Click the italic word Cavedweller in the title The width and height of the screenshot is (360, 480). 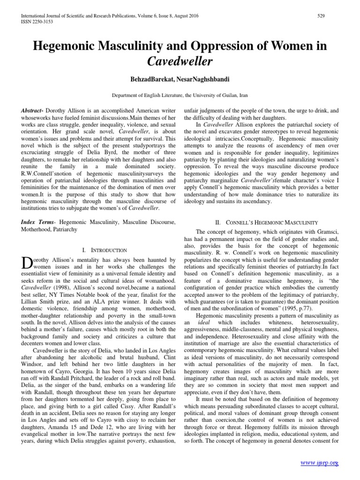pos(180,61)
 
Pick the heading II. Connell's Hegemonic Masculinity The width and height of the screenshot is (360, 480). pos(259,222)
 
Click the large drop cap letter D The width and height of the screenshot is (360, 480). pos(27,263)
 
